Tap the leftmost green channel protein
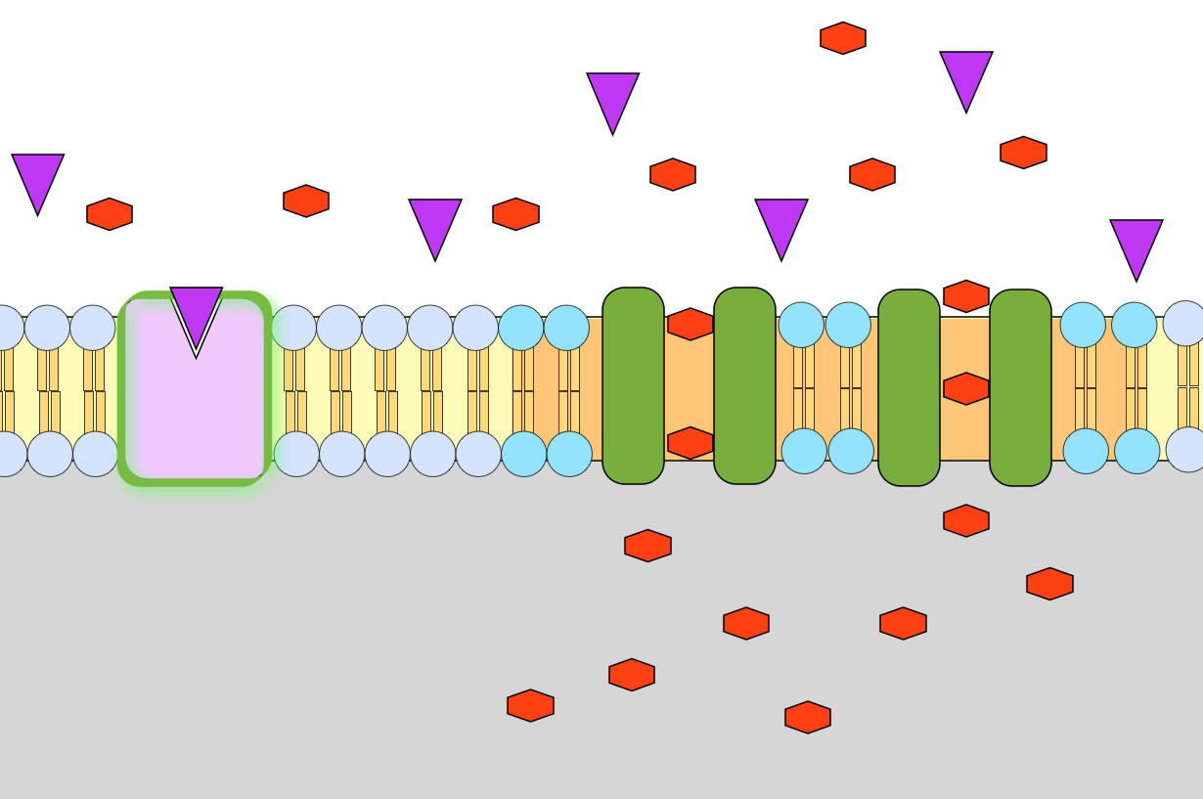[x=633, y=385]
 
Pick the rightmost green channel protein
[x=1020, y=387]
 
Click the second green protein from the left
[x=744, y=385]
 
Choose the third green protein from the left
[x=909, y=387]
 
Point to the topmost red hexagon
[x=843, y=38]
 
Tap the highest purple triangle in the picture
[x=966, y=77]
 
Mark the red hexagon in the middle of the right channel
[x=966, y=388]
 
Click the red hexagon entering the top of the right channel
[x=966, y=296]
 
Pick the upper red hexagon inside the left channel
[x=691, y=324]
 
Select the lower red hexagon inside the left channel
[x=691, y=442]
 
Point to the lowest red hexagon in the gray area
[x=808, y=717]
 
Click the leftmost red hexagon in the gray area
[x=530, y=705]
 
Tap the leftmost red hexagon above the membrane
[x=110, y=214]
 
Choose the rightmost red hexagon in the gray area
[x=1049, y=584]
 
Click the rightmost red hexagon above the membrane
[x=1023, y=153]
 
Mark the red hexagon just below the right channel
[x=966, y=520]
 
